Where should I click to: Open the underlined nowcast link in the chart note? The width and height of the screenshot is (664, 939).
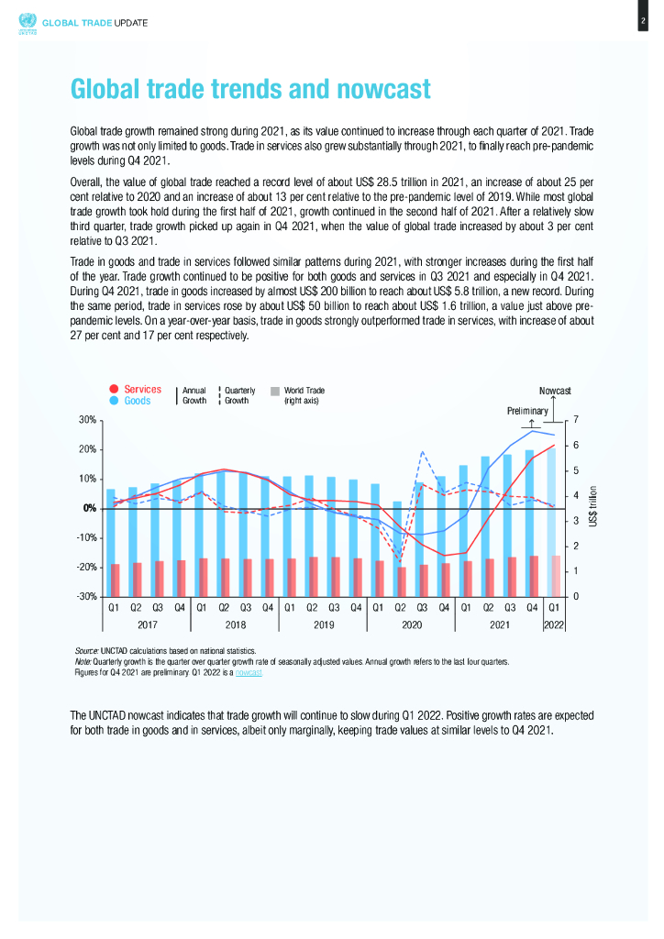249,672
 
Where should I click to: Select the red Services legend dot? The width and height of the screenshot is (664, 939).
114,390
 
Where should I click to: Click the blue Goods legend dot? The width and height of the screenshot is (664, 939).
114,401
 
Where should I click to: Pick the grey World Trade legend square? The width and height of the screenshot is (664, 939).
275,391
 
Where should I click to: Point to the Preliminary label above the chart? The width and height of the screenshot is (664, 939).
527,411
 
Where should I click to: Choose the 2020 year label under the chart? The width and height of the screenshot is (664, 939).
411,625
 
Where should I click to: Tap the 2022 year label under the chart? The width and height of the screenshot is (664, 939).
554,625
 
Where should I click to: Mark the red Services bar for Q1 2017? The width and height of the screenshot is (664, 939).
116,580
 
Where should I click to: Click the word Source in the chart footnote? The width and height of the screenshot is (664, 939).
85,649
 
